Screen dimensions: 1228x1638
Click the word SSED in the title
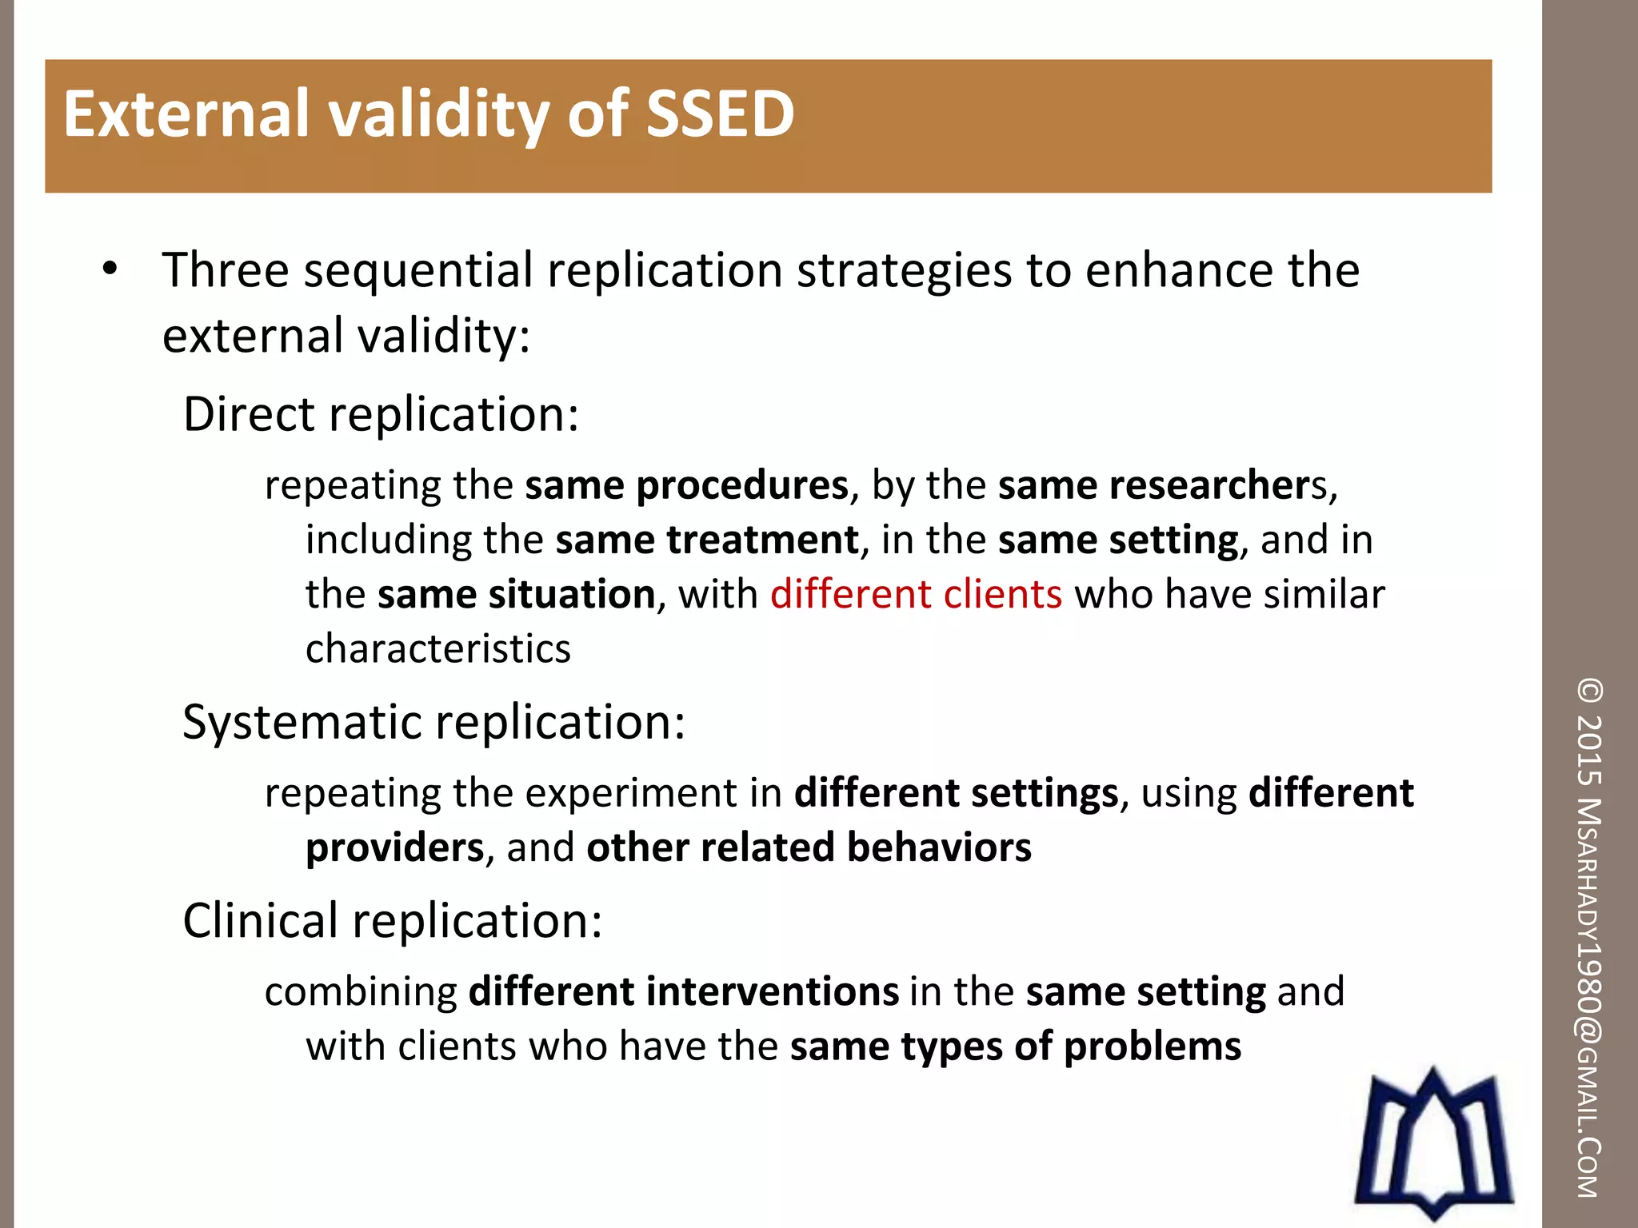tap(719, 114)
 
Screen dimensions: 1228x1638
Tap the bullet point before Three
tap(110, 269)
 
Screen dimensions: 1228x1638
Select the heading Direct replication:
tap(381, 414)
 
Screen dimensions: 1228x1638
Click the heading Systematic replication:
tap(433, 722)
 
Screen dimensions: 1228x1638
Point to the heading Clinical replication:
tap(392, 920)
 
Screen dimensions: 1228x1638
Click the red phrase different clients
tap(916, 594)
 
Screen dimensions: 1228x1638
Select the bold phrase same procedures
tap(686, 485)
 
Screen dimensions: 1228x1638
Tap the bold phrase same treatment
tap(707, 540)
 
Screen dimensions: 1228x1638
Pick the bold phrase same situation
tap(517, 595)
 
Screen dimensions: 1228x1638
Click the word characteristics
tap(438, 648)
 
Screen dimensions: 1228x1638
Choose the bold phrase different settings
tap(956, 793)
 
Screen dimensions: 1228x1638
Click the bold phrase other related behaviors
tap(809, 847)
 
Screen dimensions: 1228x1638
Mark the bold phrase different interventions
tap(684, 991)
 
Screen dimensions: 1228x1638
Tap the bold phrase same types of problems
tap(1016, 1047)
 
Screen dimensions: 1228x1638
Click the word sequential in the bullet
tap(417, 270)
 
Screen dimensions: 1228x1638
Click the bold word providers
tap(395, 848)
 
